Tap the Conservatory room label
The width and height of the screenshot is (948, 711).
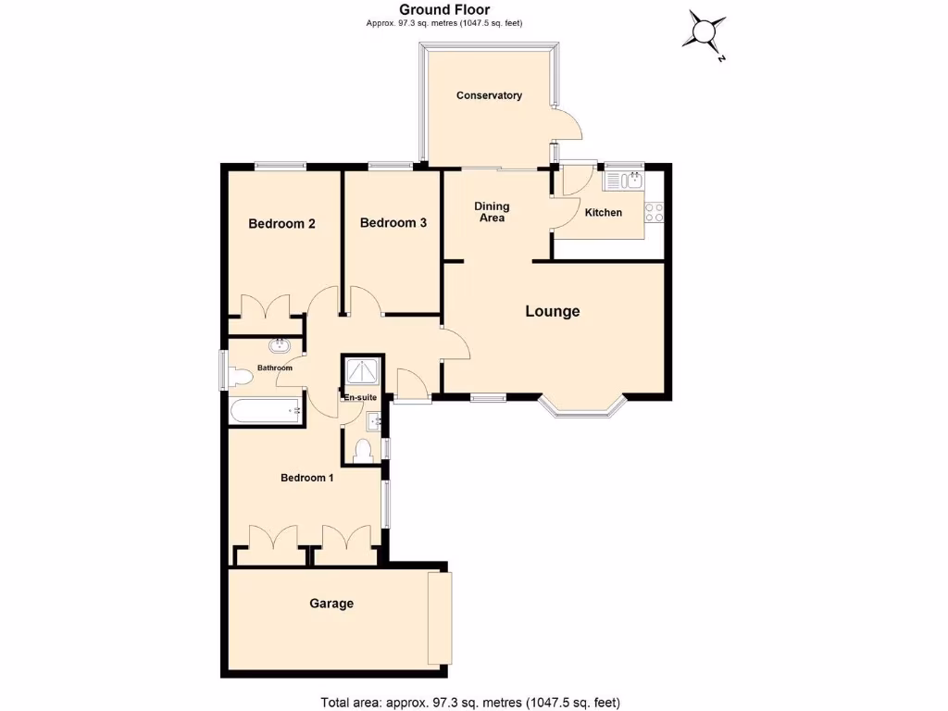pos(489,95)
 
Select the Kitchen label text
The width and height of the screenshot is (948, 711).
pos(604,213)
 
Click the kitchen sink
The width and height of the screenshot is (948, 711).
pos(632,181)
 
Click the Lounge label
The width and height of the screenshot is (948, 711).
pos(553,311)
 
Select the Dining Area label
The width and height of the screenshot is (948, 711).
pos(490,212)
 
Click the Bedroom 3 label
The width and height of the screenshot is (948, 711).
pos(393,223)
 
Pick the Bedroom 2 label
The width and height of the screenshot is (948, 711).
pos(282,224)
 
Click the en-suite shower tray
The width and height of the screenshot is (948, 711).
pos(360,372)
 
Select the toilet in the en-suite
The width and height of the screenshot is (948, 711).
pos(364,451)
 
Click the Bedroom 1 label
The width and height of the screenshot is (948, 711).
pos(307,478)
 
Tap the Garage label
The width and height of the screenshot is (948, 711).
pos(331,604)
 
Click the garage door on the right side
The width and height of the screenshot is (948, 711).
pos(440,617)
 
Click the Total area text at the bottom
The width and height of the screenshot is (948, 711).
pos(469,702)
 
